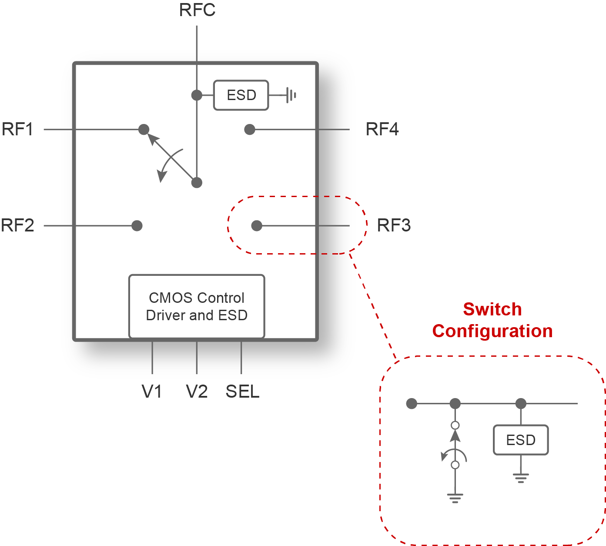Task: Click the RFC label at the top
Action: tap(197, 10)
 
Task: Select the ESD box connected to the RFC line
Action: tap(241, 95)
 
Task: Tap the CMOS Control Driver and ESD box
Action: tap(197, 306)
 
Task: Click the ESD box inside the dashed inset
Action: tap(521, 440)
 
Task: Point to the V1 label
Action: tap(152, 392)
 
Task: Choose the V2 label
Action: tap(197, 392)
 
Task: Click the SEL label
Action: tap(242, 392)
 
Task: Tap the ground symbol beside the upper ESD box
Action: tap(291, 95)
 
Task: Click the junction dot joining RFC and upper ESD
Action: tap(197, 95)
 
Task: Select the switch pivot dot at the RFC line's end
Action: tap(197, 183)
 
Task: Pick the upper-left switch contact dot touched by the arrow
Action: tap(144, 129)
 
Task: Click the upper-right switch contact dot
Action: tap(249, 129)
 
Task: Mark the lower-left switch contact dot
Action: tap(137, 226)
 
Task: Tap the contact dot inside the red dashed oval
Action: tap(257, 226)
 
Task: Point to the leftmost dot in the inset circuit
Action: tap(412, 404)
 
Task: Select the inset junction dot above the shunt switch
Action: tap(455, 404)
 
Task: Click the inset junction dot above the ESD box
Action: tap(521, 404)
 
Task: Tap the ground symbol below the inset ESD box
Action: tap(521, 478)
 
